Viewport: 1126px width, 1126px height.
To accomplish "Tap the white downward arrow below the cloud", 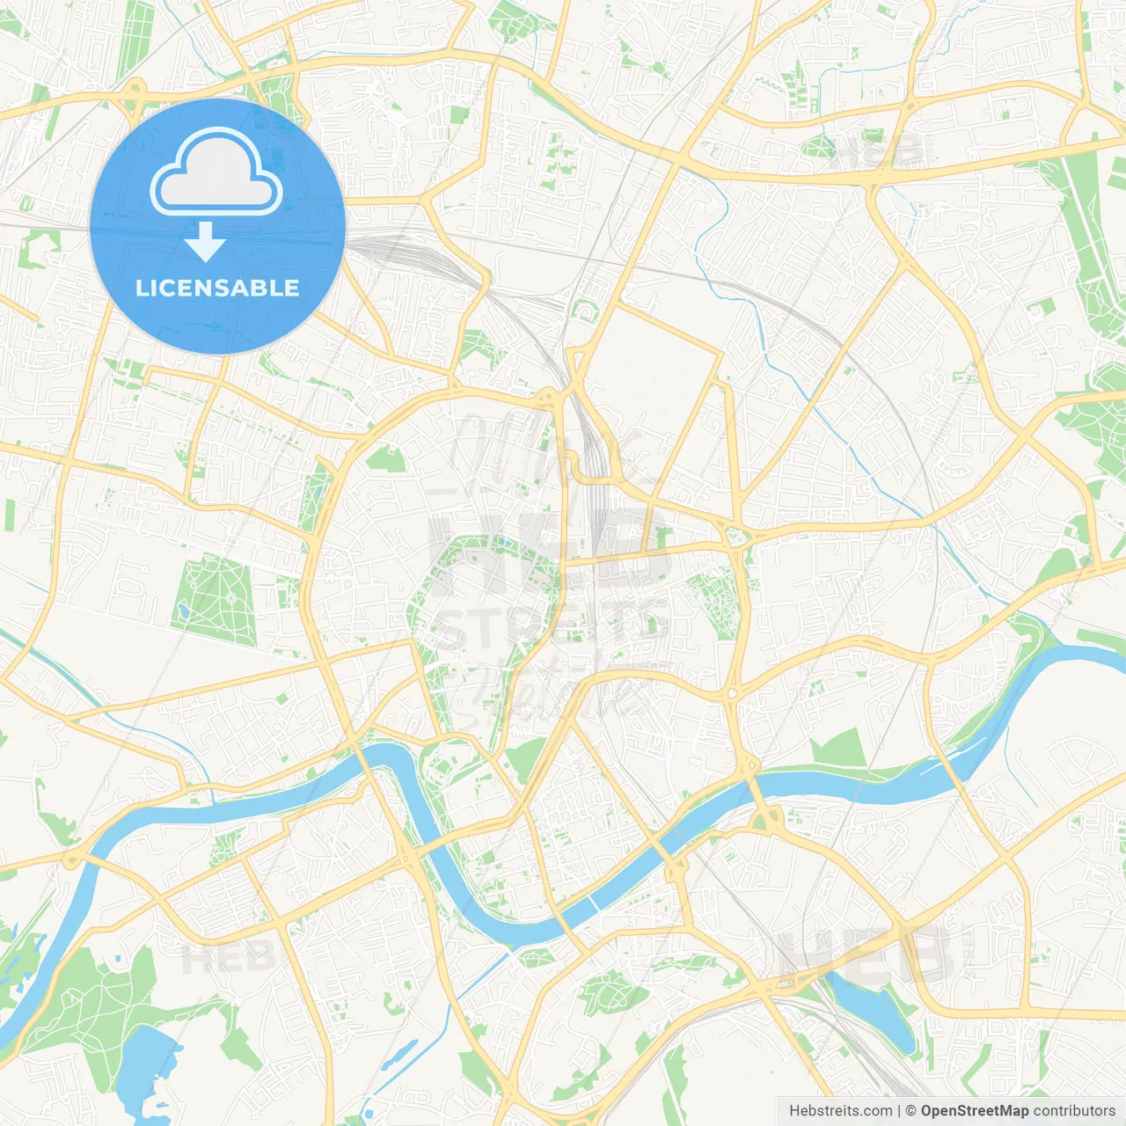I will click(205, 241).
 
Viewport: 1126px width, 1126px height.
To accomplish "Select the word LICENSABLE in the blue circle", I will click(217, 288).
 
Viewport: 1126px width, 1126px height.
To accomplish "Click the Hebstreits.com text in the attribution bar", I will click(840, 1111).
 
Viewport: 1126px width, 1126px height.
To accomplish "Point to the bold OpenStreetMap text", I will click(975, 1111).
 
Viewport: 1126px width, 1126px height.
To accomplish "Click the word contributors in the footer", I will click(1074, 1111).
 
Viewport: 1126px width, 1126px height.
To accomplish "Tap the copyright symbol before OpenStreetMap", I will click(911, 1111).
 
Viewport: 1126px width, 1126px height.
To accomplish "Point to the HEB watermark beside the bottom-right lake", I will click(866, 954).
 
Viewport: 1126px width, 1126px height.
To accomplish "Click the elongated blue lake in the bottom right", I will click(871, 1012).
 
